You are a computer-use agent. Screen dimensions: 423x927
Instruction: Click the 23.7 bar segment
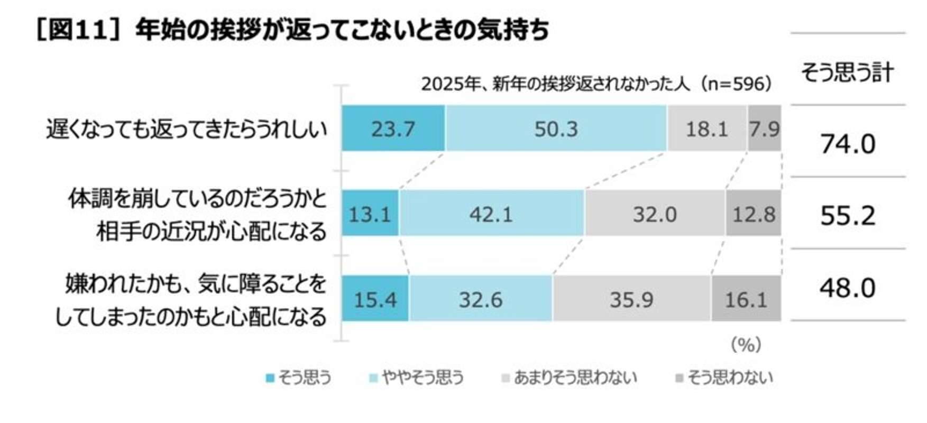(393, 128)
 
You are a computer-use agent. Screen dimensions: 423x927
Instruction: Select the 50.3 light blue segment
(556, 128)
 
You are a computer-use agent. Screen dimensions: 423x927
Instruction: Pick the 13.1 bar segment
(370, 214)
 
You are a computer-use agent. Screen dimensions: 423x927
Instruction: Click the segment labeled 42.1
(491, 214)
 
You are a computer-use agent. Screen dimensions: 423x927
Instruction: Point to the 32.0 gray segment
(655, 214)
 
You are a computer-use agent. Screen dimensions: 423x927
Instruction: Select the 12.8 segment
(754, 214)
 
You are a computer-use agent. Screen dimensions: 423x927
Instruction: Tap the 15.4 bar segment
(375, 299)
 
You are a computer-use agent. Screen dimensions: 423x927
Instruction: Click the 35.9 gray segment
(631, 299)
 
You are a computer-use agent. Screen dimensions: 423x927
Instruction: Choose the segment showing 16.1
(746, 299)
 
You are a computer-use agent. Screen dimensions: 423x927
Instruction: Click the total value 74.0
(848, 144)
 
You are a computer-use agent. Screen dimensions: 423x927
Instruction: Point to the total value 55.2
(848, 215)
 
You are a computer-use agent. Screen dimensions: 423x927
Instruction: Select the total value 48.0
(848, 288)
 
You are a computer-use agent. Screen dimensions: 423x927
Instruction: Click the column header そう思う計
(847, 72)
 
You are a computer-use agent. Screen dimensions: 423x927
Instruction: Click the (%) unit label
(746, 345)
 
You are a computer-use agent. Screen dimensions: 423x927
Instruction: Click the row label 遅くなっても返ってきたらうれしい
(187, 130)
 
